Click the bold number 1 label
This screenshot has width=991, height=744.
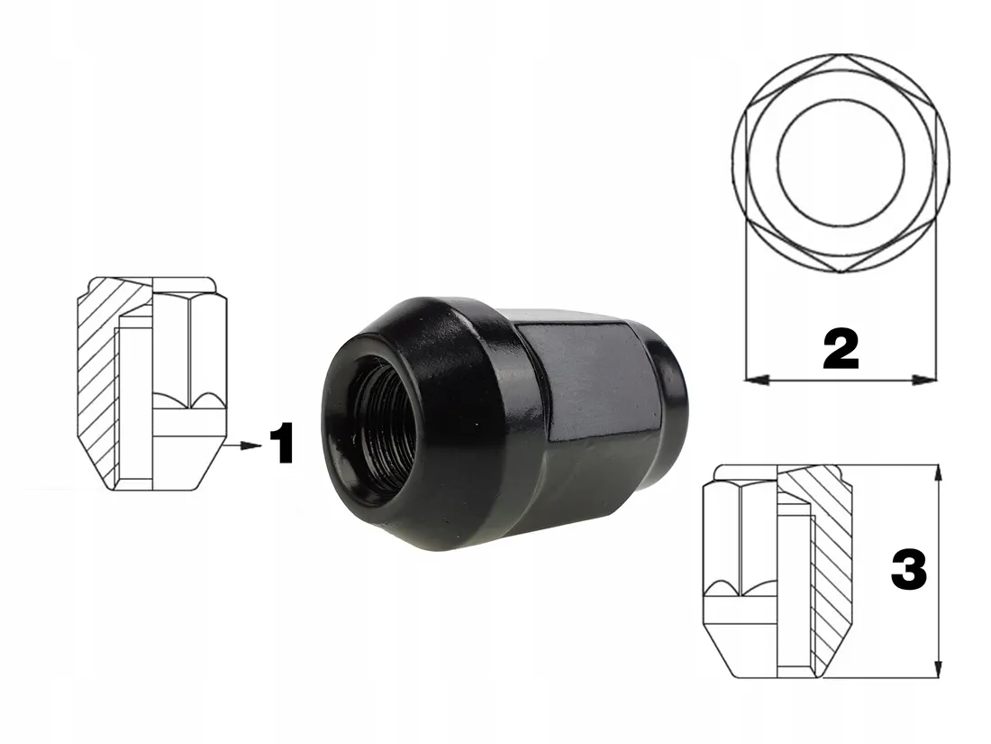283,445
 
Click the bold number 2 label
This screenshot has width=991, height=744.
841,350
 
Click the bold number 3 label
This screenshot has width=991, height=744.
908,572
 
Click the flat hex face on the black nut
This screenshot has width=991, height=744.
577,379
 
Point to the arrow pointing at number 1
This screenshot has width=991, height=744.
241,445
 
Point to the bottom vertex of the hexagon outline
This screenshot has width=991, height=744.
841,271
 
